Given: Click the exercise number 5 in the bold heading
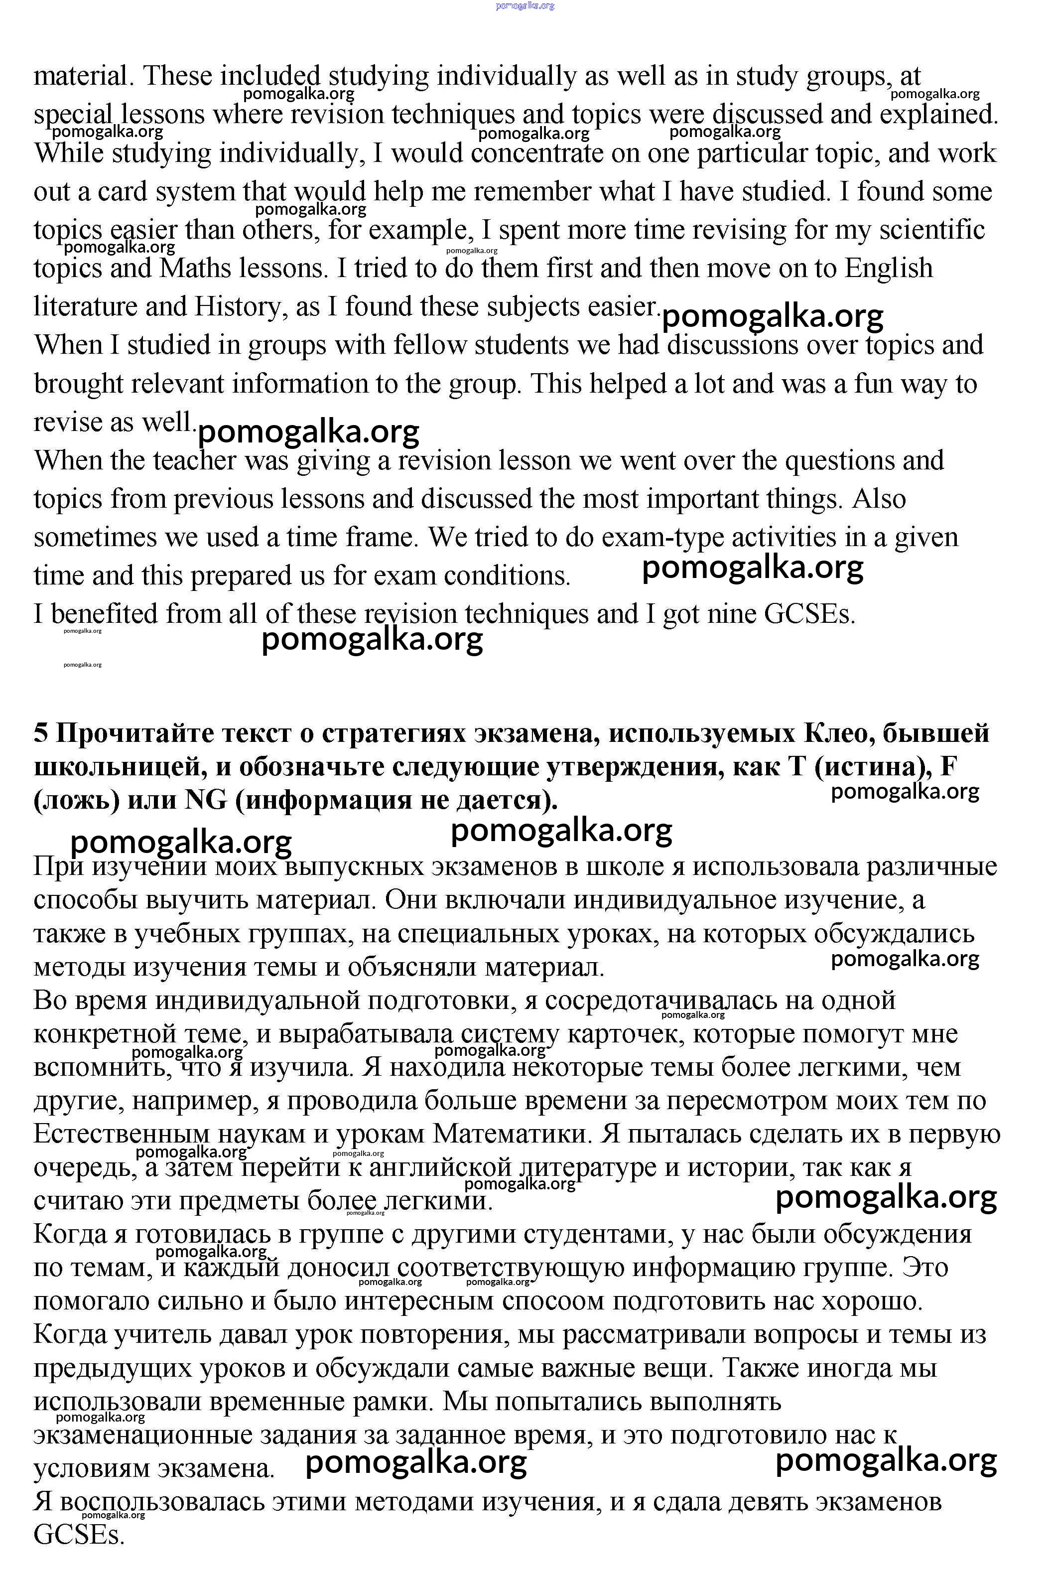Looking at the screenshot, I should pyautogui.click(x=41, y=734).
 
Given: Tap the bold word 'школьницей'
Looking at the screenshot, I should pyautogui.click(x=120, y=767).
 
